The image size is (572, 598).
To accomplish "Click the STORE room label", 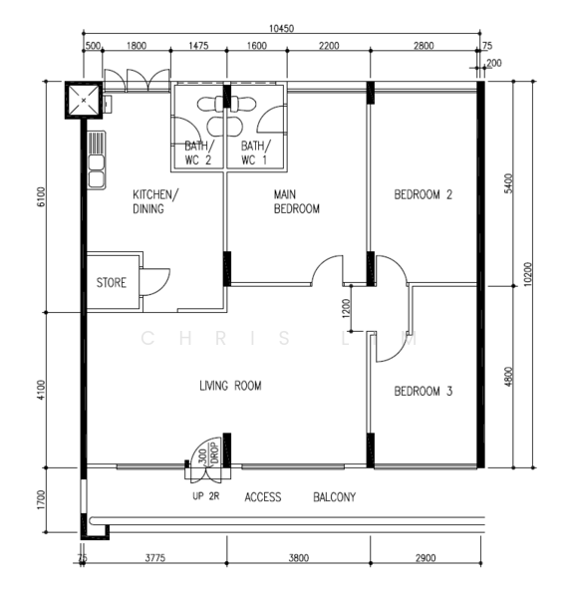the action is tap(111, 283).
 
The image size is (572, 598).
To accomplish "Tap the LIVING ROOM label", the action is tap(231, 386).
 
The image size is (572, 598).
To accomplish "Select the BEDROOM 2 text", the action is tap(423, 194).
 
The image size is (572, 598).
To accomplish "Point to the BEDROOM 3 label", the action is tap(423, 391).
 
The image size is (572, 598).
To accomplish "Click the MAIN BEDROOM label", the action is tap(296, 201).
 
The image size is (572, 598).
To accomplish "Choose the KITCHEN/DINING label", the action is tap(155, 201).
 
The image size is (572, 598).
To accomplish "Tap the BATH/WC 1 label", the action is tap(255, 152).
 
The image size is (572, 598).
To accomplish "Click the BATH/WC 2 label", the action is tap(198, 152).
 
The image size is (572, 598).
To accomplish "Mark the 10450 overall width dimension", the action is tap(281, 29).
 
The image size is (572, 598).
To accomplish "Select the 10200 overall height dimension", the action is tap(527, 274).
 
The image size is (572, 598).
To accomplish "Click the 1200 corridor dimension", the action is tap(346, 309).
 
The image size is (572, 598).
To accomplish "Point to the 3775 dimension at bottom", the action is tap(155, 558).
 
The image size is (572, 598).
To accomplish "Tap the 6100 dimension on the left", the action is tap(41, 196).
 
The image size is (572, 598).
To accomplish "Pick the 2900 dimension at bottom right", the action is tap(426, 558).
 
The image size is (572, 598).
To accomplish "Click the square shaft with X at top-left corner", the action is tap(84, 101).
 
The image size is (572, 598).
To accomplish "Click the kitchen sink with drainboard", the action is tap(97, 160).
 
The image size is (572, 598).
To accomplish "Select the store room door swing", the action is tap(154, 282).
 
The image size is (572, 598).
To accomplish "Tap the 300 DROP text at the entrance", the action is tap(209, 453).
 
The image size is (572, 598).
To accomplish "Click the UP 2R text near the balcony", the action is tap(206, 496).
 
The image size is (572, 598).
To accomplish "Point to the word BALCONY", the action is tap(335, 497).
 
